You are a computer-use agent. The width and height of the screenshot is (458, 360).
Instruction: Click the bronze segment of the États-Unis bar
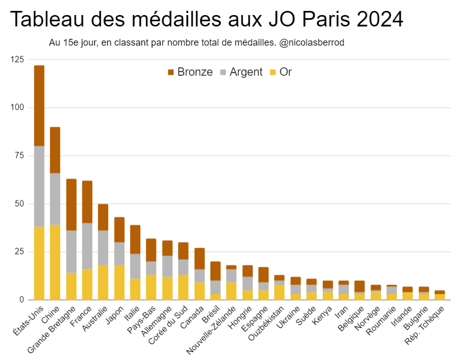tap(39, 106)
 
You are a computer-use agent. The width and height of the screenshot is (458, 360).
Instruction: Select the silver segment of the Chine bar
tap(55, 199)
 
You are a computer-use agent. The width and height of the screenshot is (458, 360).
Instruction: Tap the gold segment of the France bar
tap(87, 284)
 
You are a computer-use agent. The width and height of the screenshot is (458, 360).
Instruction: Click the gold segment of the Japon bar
tap(119, 282)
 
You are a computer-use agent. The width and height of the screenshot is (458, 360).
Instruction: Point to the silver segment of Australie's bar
tap(103, 248)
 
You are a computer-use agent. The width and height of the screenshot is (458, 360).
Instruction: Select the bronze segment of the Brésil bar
tap(215, 271)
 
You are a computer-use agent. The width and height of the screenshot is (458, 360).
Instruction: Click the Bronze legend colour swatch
tap(171, 73)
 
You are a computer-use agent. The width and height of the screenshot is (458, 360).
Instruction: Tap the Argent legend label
tap(246, 72)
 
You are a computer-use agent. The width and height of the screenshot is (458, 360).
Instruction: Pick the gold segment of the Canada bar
tap(199, 291)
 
